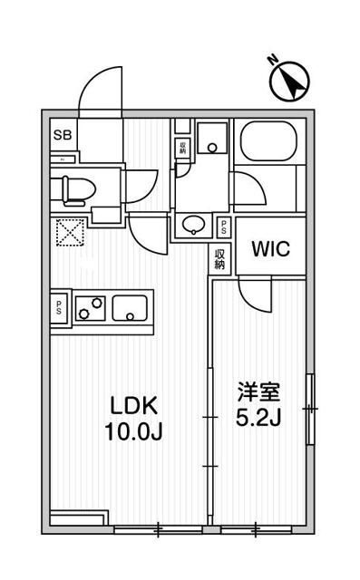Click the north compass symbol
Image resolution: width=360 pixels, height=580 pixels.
tap(289, 81)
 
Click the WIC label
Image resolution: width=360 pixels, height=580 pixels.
tap(270, 249)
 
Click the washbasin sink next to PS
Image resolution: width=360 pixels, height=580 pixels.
tap(194, 224)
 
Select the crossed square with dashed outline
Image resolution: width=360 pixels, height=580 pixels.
tap(70, 233)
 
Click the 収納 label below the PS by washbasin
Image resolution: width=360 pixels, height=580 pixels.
tap(220, 260)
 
